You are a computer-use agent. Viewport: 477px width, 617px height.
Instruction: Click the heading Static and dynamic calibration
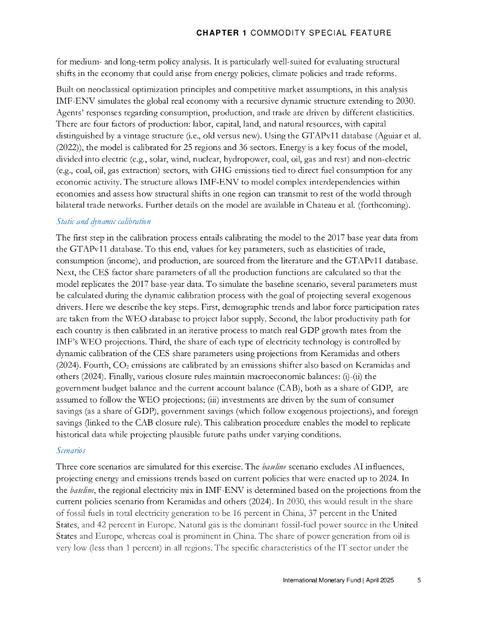[103, 222]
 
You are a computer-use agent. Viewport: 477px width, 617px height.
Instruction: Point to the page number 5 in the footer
[420, 581]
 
